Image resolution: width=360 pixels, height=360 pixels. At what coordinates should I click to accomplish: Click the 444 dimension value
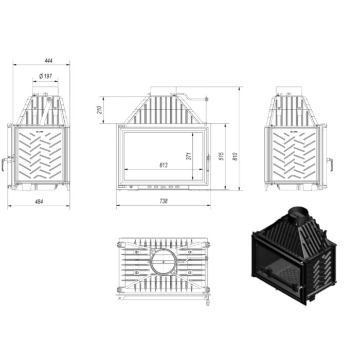point(49,60)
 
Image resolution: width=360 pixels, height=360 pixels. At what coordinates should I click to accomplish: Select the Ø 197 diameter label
point(45,76)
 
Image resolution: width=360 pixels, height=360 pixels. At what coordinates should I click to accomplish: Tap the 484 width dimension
point(39,202)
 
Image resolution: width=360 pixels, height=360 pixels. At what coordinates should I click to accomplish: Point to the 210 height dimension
point(99,110)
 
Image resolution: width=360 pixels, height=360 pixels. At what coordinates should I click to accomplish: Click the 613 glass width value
point(164,165)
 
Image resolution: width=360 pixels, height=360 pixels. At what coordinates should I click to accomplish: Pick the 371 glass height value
point(189,156)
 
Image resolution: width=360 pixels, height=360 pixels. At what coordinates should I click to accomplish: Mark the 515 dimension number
point(222,156)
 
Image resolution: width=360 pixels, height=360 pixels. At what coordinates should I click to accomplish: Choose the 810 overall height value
point(235,156)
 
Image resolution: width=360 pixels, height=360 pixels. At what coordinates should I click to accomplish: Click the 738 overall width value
point(164,201)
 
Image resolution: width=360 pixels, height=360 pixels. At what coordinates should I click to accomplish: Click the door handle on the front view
point(208,163)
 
